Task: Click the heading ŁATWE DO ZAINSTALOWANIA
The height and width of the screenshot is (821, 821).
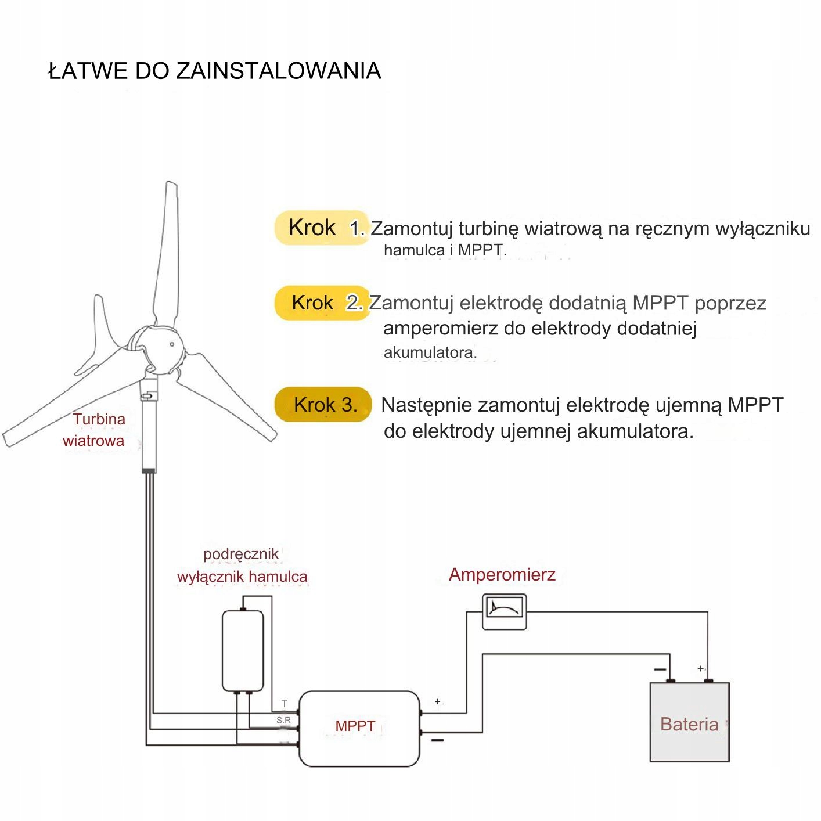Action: (x=214, y=71)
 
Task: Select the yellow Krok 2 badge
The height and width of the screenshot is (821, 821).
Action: (x=321, y=303)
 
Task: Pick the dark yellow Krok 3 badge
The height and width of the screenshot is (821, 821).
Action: (x=322, y=404)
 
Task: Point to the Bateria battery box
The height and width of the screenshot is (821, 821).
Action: (x=689, y=723)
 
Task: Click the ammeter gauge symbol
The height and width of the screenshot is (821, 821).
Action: (x=504, y=611)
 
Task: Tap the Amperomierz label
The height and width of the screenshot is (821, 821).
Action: (x=502, y=575)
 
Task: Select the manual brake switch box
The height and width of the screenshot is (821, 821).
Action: (x=243, y=650)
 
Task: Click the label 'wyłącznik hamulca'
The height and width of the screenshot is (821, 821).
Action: (x=242, y=577)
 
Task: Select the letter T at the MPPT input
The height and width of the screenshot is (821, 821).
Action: (x=284, y=703)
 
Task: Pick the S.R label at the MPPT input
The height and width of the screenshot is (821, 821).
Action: (x=283, y=721)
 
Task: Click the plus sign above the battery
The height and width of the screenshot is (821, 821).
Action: (x=701, y=669)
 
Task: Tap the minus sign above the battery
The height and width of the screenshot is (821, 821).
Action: (x=660, y=669)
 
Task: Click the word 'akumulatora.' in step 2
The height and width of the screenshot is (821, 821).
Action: (x=430, y=352)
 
